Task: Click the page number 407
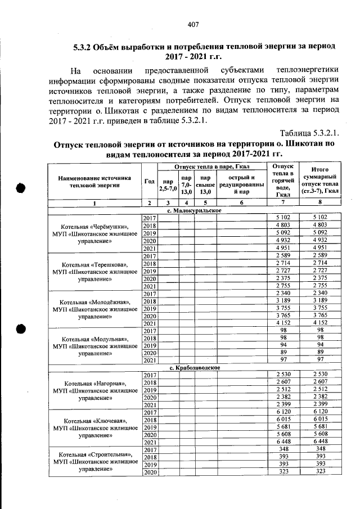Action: [x=193, y=24]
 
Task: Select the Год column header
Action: [x=149, y=181]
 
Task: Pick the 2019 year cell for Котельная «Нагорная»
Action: [x=149, y=390]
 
